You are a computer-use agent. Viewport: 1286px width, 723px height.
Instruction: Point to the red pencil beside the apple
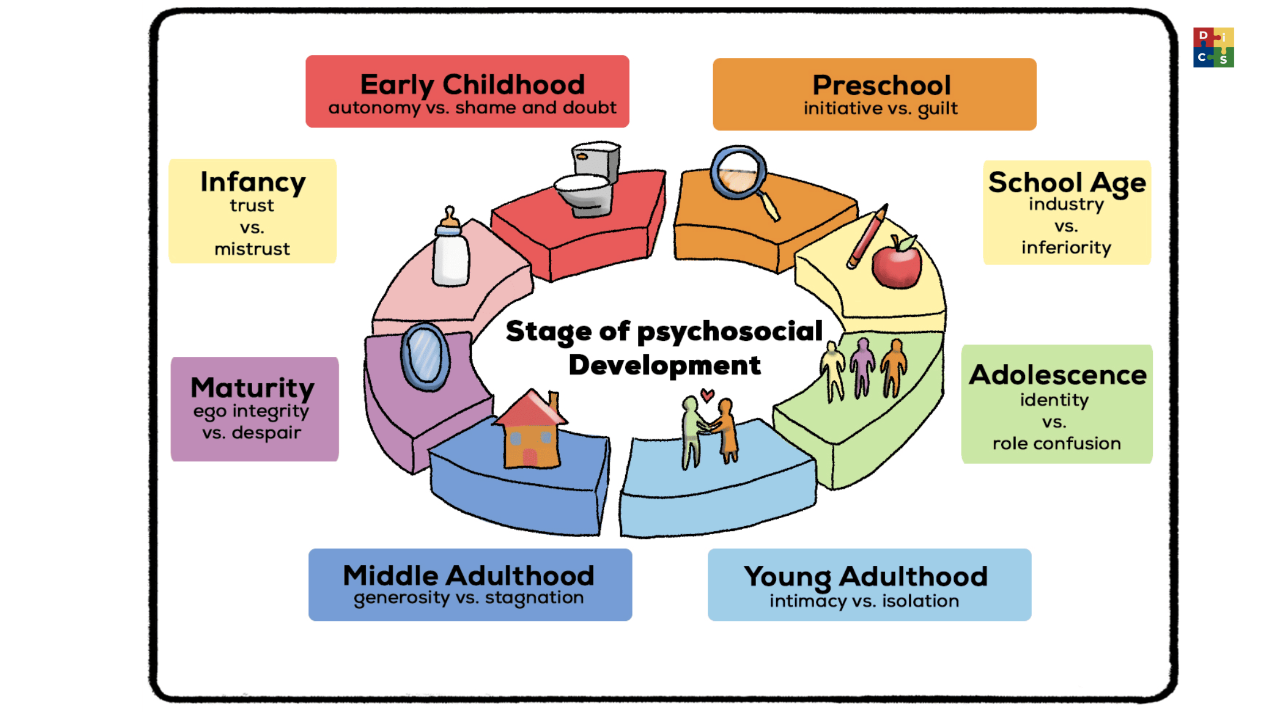pos(867,236)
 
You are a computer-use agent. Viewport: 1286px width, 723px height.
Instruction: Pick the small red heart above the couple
pos(707,395)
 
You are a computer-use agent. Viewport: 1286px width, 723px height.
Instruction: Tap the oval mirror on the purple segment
pos(425,357)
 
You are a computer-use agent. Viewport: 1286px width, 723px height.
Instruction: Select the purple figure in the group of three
pos(862,367)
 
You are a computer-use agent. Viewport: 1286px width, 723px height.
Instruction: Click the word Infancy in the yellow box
pos(253,183)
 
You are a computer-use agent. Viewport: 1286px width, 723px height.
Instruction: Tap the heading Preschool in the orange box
pos(882,85)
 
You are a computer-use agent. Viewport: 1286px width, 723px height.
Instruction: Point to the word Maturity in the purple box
pos(253,388)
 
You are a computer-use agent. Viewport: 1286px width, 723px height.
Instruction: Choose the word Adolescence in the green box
pos(1058,375)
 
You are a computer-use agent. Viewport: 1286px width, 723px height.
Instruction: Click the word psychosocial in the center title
pos(730,332)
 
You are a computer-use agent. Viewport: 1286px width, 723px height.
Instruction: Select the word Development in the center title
pos(665,365)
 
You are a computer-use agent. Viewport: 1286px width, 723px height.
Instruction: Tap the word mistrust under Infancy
pos(252,249)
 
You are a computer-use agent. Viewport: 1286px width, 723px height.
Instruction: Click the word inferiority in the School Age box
pos(1066,248)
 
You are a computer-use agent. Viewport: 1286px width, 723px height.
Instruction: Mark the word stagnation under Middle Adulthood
pos(534,598)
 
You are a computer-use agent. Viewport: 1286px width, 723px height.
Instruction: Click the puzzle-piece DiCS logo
pos(1213,47)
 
